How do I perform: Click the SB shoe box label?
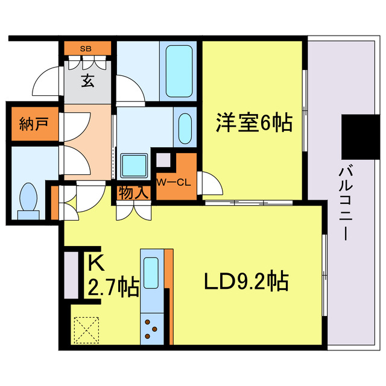coord(86,49)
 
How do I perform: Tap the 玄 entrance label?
coord(87,81)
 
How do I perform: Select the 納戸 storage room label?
coord(34,124)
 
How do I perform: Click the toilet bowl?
coord(28,197)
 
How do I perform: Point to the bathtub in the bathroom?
coord(179,71)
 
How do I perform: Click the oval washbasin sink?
coord(185,128)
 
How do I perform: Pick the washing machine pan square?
coord(134,165)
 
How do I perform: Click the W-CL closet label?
coord(174,182)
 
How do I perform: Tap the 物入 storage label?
coord(134,192)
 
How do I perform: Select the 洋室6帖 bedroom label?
coord(255,122)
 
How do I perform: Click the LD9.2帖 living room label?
coord(246,280)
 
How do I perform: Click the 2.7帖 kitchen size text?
coord(113,287)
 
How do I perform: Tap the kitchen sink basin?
coord(151,273)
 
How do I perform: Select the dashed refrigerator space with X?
coord(86,330)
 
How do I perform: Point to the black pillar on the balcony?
coord(361,137)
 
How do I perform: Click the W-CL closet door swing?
coord(210,183)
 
